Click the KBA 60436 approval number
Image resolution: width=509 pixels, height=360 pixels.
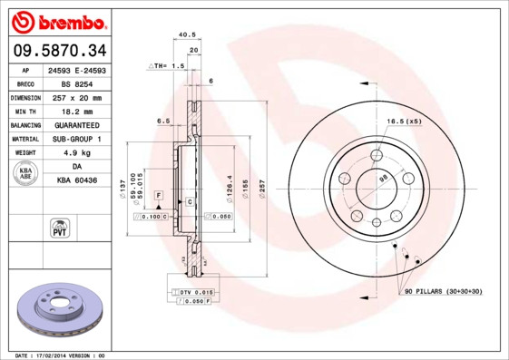point(76,181)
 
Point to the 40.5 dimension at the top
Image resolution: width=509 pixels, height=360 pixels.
point(187,34)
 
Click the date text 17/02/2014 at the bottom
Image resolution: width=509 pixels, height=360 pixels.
point(62,355)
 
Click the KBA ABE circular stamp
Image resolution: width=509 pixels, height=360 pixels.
point(24,174)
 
